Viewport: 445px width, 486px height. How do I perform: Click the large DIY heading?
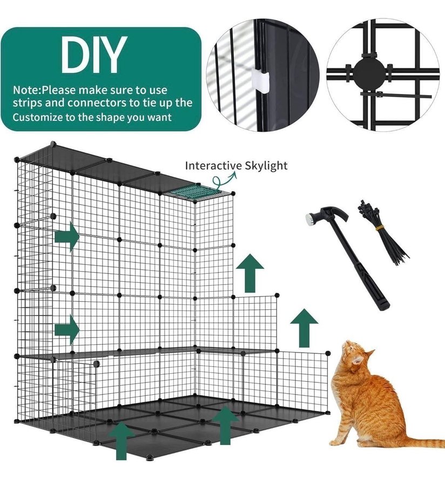[93, 55]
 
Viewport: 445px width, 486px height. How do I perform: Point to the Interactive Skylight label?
[236, 166]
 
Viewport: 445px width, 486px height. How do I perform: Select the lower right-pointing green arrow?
[67, 330]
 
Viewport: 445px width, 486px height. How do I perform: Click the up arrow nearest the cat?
[304, 328]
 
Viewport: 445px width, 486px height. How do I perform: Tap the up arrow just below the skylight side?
[250, 273]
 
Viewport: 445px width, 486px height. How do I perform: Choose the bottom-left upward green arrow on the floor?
[122, 440]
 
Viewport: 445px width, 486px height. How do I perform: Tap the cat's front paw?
[338, 442]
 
